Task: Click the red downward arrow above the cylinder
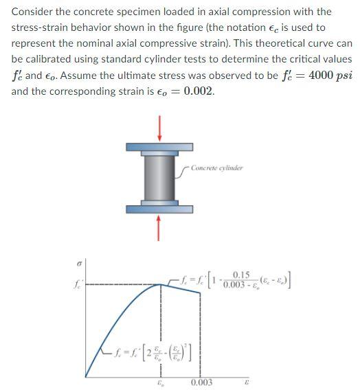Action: pos(160,128)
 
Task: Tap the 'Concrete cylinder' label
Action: pos(216,168)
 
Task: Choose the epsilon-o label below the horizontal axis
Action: pos(161,382)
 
